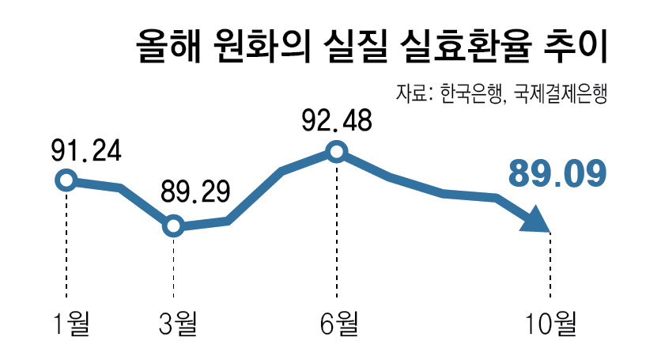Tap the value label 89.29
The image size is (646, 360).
(x=195, y=193)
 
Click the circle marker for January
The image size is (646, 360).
(x=65, y=180)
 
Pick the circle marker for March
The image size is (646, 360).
(x=173, y=227)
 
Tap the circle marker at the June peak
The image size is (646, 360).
(x=337, y=151)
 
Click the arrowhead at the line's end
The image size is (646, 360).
(x=537, y=218)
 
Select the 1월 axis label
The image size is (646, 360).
(x=71, y=323)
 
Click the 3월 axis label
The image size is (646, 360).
(x=179, y=323)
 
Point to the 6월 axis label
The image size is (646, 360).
(x=338, y=323)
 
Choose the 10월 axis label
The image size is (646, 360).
(x=551, y=323)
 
